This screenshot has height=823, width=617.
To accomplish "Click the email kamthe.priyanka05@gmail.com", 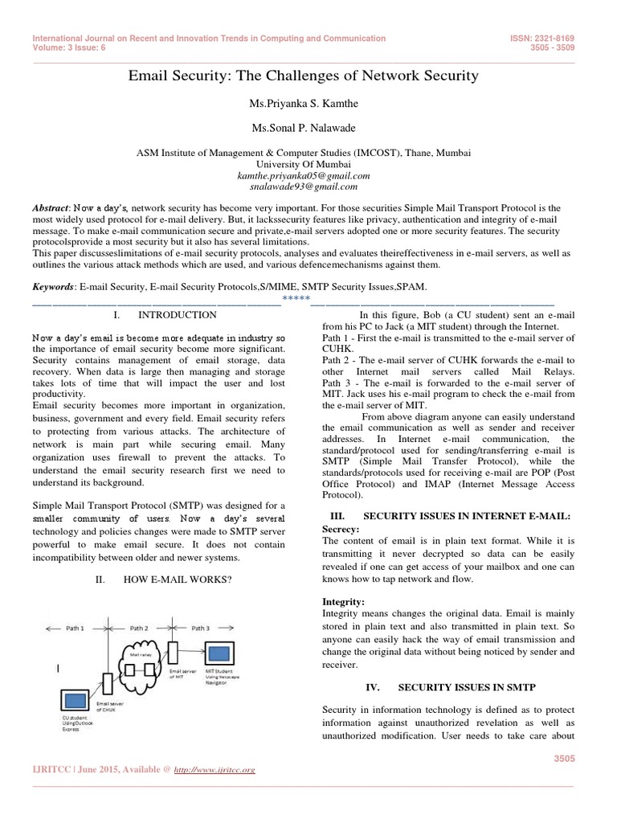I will [x=304, y=174].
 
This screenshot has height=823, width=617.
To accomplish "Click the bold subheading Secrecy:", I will [x=342, y=530].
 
